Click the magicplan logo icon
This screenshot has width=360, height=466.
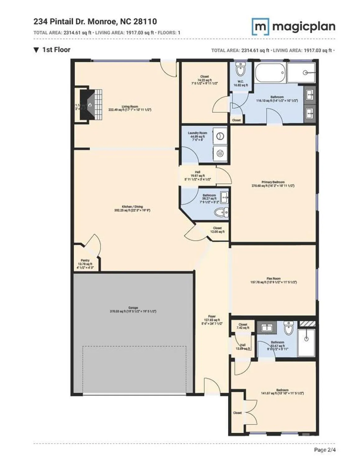click(260, 26)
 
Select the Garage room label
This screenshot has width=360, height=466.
click(133, 309)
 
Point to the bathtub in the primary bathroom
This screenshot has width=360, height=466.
click(270, 73)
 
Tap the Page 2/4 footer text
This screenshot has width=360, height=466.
click(325, 450)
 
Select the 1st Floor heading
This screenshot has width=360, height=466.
click(56, 50)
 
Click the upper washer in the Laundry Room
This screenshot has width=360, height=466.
click(220, 136)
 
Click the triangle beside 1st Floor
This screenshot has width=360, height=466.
click(36, 50)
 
